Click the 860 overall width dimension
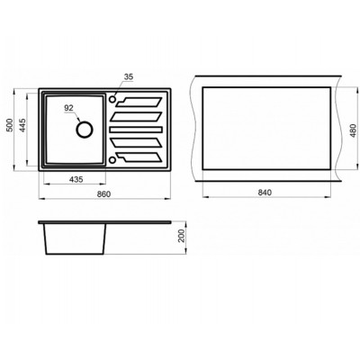pos(104,194)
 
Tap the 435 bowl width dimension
pos(76,179)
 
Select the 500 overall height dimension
pos(10,125)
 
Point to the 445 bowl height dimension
pos(23,125)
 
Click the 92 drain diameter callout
pos(69,108)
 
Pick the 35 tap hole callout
pos(129,76)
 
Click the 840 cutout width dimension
pos(265,193)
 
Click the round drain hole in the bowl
pos(85,130)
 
